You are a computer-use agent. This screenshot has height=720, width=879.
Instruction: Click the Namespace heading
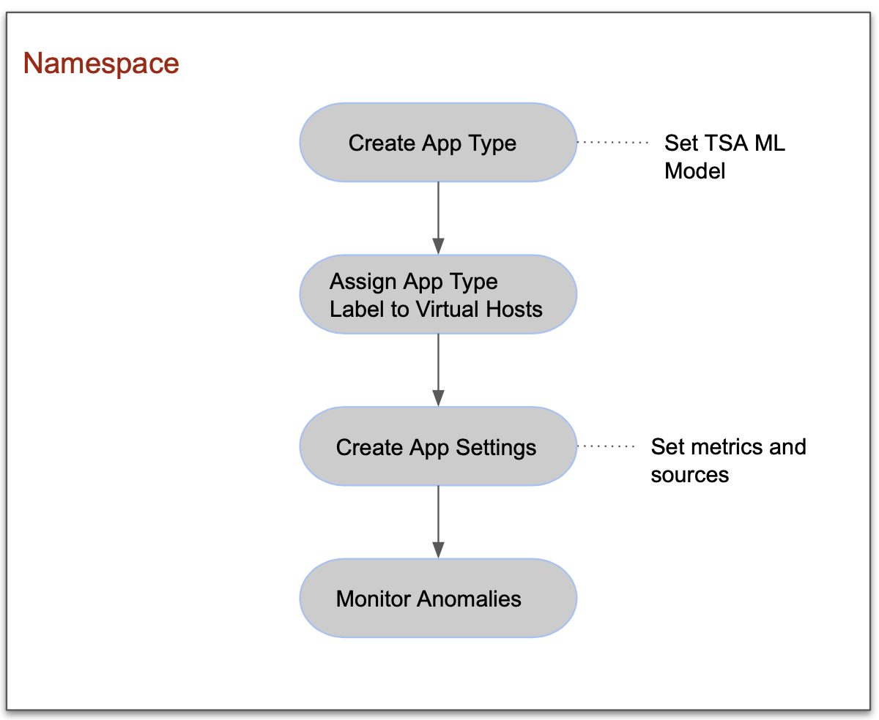101,63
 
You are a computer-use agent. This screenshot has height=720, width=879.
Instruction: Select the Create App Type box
437,143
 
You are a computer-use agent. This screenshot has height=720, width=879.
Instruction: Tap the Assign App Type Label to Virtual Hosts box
437,295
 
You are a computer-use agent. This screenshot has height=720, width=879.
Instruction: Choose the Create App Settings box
437,447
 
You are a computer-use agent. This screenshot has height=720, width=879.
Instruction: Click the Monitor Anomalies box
437,599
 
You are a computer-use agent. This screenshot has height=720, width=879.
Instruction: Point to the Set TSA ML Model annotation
724,157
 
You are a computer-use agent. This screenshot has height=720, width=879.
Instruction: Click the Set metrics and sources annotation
728,460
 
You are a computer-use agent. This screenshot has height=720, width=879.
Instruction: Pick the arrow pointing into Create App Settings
438,370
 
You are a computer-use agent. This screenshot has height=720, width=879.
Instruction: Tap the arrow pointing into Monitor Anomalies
438,522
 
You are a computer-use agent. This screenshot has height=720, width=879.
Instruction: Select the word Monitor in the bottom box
374,599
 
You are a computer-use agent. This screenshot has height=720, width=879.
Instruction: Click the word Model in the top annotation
694,170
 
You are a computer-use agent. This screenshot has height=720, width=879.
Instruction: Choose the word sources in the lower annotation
689,475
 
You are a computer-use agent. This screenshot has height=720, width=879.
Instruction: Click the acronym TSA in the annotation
724,143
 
